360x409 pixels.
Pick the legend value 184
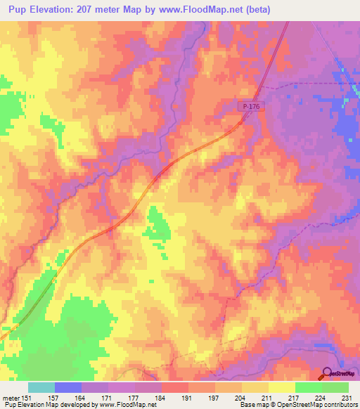(162, 398)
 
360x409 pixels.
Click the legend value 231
(347, 398)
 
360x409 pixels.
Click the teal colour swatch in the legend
(41, 387)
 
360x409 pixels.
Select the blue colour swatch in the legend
(68, 387)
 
